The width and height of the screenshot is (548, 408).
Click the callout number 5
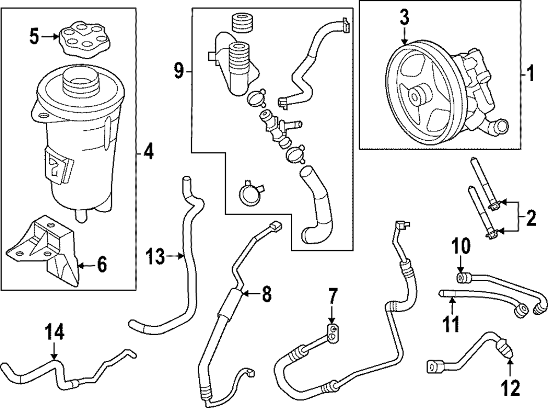pos(34,38)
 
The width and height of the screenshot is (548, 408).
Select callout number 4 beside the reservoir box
pos(147,151)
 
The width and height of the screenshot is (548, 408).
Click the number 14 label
pos(54,332)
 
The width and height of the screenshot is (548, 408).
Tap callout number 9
pos(178,72)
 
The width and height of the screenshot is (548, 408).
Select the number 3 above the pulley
pos(404,18)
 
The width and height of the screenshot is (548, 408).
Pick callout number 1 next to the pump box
pos(529,72)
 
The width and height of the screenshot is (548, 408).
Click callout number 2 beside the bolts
pos(529,220)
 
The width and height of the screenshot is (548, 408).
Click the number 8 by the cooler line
pos(266,294)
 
